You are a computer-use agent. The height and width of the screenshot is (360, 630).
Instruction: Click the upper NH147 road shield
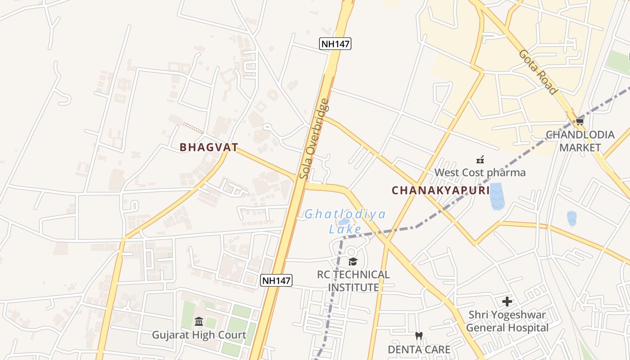(335, 44)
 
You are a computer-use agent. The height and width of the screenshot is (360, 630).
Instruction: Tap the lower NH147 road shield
(277, 280)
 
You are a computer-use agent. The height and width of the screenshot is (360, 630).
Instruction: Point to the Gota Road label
(538, 72)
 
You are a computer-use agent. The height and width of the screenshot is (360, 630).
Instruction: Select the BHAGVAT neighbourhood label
(209, 147)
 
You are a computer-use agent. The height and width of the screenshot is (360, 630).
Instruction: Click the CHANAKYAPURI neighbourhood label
(441, 190)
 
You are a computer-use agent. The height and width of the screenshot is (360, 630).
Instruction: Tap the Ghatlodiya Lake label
(345, 221)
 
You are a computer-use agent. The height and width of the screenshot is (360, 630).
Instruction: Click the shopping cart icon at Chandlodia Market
(580, 121)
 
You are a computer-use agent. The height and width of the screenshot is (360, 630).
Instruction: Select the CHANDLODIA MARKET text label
(580, 141)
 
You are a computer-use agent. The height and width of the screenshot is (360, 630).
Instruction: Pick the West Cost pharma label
(480, 172)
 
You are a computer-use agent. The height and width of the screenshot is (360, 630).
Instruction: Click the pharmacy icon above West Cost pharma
(480, 159)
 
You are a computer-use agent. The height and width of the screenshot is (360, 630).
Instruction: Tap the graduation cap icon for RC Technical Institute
(353, 261)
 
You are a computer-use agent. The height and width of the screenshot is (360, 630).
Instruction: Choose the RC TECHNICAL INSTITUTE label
(353, 281)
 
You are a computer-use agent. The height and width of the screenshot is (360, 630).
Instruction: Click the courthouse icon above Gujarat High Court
(199, 321)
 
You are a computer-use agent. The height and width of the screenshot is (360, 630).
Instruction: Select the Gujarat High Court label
(199, 335)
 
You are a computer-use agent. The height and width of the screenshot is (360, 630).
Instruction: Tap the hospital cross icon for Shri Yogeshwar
(507, 301)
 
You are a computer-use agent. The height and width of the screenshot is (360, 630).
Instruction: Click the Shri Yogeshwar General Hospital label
(507, 321)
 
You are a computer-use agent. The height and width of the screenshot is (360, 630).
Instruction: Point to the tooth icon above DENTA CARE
(419, 336)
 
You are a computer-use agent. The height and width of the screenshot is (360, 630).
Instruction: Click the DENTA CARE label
(419, 349)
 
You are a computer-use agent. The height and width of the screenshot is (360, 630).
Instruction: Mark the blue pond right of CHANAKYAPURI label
(497, 196)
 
